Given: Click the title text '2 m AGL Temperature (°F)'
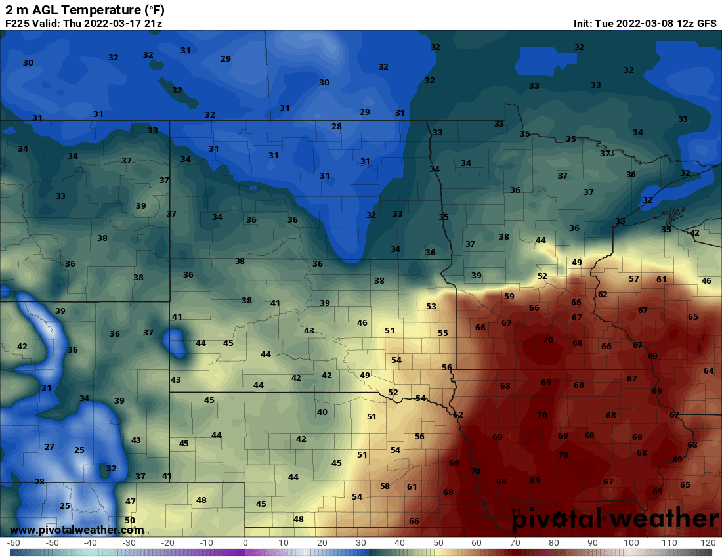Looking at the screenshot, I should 85,10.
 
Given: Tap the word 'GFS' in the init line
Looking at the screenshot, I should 706,24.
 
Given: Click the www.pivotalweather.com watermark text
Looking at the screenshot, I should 77,530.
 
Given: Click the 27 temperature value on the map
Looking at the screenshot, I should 49,446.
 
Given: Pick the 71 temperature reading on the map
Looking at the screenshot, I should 515,512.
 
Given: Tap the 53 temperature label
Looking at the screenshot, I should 431,307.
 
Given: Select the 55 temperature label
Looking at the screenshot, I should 443,333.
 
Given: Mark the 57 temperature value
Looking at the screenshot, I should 634,279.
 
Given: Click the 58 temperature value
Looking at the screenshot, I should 385,486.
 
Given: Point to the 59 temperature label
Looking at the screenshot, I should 509,297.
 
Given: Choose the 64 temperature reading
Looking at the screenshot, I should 709,371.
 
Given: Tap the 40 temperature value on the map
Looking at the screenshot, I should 322,412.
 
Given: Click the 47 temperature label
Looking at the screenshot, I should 131,502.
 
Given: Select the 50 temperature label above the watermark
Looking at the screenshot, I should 130,521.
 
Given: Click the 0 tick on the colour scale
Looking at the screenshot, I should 245,543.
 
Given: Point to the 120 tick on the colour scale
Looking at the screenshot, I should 708,543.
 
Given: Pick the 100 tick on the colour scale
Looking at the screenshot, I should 631,543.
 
